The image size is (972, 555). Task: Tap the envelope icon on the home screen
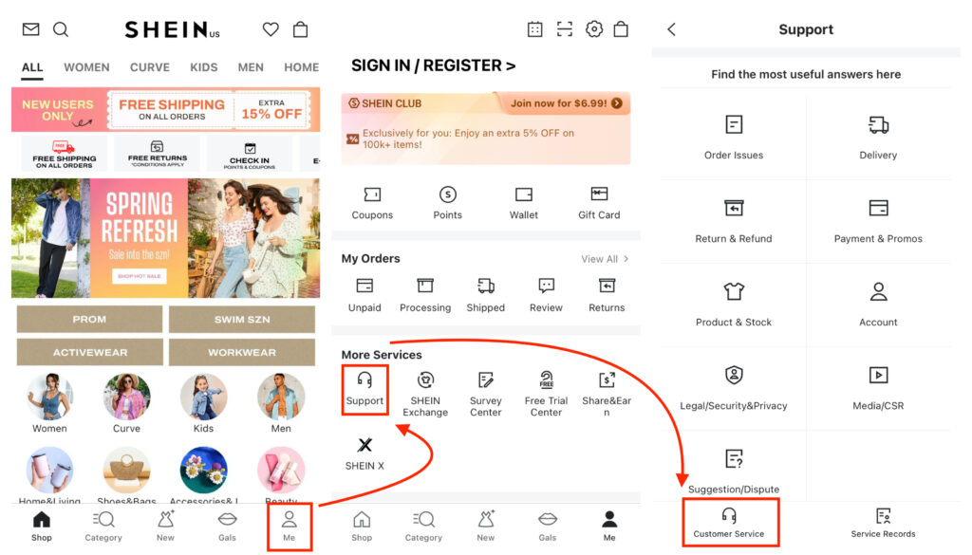[x=30, y=29]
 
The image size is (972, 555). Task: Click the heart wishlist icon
[x=271, y=29]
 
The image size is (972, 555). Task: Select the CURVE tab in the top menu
[x=150, y=67]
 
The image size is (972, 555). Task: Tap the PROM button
[x=89, y=320]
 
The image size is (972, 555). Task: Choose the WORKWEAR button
[x=242, y=352]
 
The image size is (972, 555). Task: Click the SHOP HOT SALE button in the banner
[x=139, y=276]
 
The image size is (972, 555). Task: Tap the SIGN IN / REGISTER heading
[x=433, y=65]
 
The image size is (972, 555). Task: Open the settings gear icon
[x=594, y=29]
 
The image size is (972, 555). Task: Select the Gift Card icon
[x=599, y=194]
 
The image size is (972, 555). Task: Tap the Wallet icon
[x=524, y=194]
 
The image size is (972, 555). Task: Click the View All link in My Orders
[x=605, y=259]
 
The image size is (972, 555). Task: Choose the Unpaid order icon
[x=364, y=287]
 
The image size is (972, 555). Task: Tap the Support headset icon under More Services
[x=364, y=379]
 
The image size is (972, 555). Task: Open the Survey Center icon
[x=486, y=380]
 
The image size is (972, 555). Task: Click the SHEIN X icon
[x=364, y=445]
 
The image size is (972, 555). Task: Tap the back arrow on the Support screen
[x=672, y=29]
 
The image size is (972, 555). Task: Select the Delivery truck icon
[x=878, y=125]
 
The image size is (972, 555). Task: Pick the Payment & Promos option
[x=878, y=209]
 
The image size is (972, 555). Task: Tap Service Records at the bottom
[x=883, y=517]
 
